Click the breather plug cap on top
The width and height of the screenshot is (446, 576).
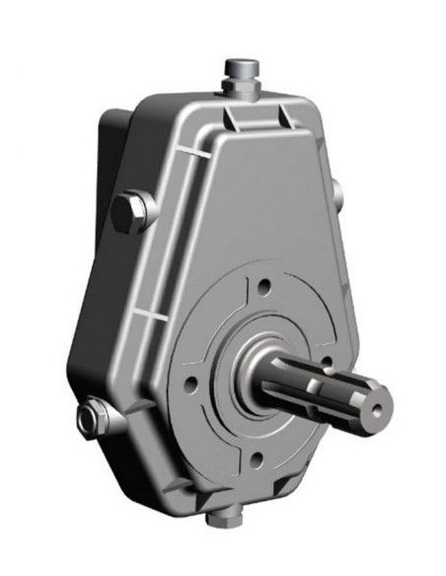tap(239, 67)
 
